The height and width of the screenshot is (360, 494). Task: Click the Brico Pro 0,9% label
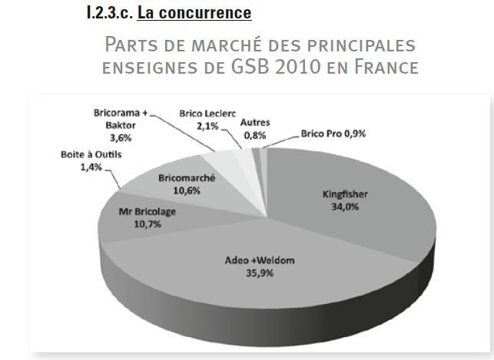tap(333, 134)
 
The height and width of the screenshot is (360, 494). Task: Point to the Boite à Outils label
tap(91, 154)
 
